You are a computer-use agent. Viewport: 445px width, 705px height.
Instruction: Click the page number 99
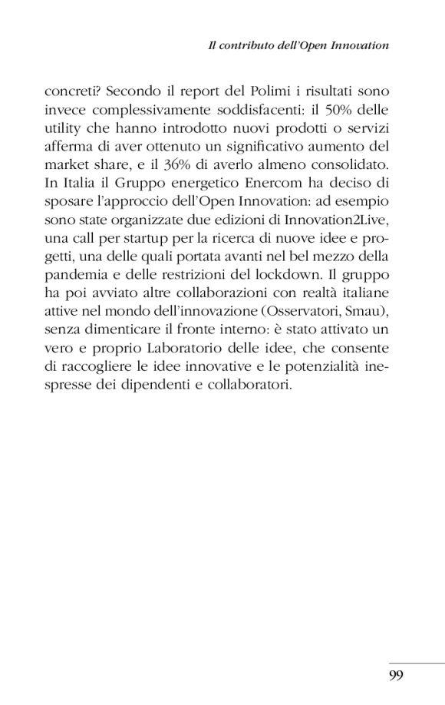click(396, 675)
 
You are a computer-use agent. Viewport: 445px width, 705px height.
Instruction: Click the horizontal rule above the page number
click(416, 663)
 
